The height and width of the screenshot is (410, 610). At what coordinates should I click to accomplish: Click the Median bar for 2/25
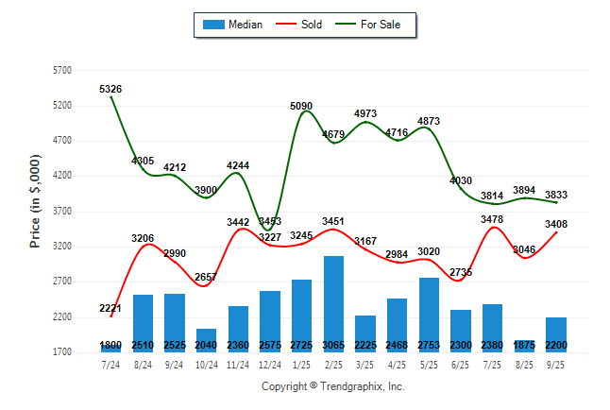(333, 302)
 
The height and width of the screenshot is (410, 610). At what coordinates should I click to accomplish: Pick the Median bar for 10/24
(206, 338)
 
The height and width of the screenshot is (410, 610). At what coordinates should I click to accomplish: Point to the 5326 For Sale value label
(110, 89)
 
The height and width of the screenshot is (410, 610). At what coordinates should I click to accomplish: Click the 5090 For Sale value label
(301, 106)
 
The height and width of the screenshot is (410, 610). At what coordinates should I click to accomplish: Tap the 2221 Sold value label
(110, 309)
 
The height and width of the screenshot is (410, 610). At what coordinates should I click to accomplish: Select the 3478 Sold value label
(491, 219)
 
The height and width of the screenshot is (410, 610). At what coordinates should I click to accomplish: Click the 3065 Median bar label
(333, 346)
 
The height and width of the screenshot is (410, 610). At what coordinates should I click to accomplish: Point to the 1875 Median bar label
(523, 346)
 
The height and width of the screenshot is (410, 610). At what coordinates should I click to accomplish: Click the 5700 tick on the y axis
(62, 71)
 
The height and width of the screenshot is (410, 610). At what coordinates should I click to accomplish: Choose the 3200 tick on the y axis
(62, 247)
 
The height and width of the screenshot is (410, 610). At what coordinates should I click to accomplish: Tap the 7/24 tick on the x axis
(110, 364)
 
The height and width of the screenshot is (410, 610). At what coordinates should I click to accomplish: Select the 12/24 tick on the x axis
(269, 364)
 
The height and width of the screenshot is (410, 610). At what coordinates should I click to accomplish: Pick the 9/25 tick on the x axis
(555, 364)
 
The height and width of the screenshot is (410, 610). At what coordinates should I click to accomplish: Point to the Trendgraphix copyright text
(332, 386)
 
